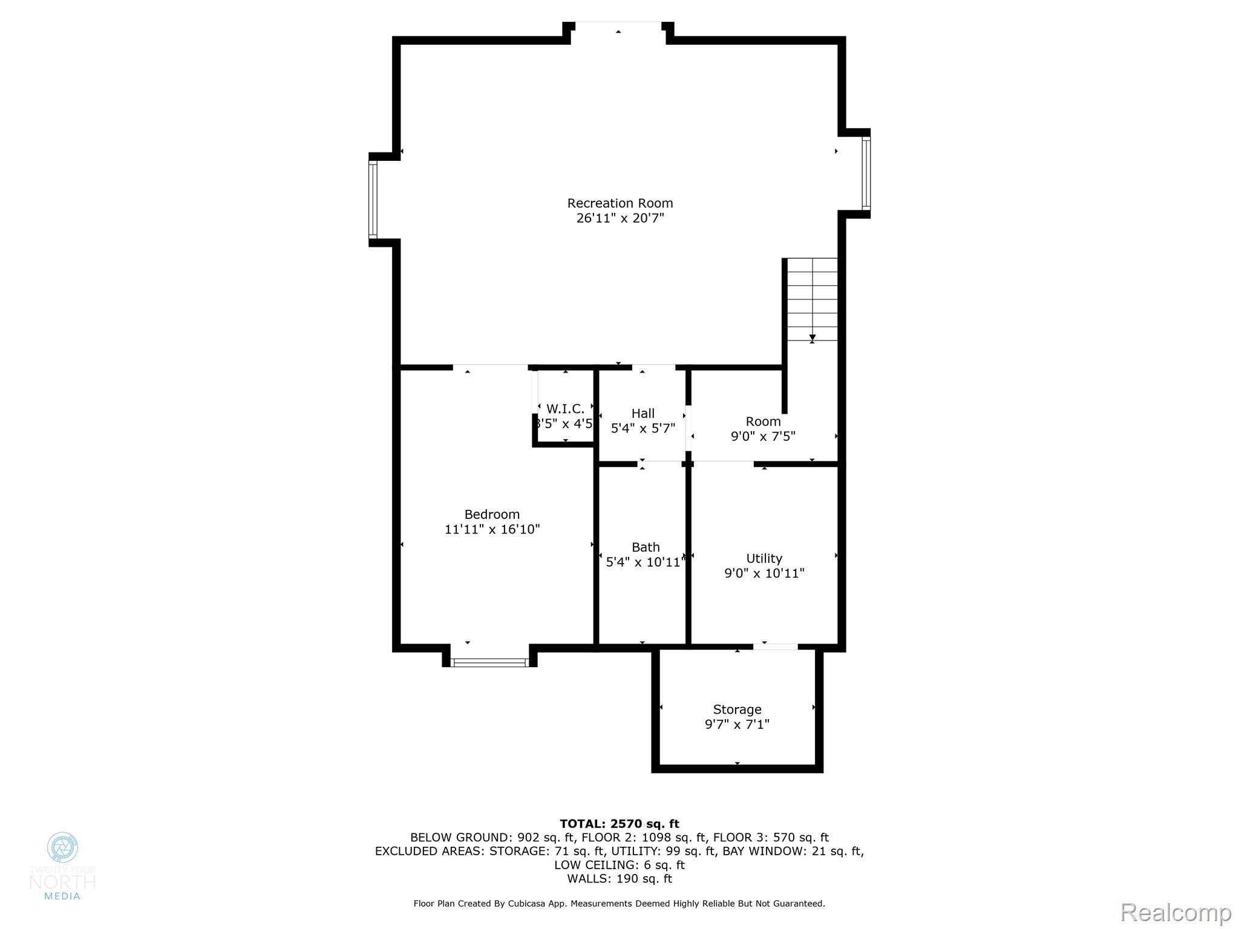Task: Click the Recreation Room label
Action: (619, 203)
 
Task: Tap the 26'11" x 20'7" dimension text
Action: (619, 218)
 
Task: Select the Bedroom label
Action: (492, 515)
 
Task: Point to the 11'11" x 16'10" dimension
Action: (492, 530)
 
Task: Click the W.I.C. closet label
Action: (565, 409)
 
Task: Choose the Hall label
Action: (642, 414)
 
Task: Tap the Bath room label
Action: (645, 547)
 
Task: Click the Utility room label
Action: (763, 559)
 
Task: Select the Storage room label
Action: (736, 709)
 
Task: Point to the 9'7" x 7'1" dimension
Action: (736, 725)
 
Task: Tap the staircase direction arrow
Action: (812, 337)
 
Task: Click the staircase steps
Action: (812, 296)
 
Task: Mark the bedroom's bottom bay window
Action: (490, 662)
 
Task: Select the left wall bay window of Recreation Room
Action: (373, 200)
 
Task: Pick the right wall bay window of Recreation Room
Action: (866, 173)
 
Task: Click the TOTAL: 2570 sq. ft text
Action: (619, 824)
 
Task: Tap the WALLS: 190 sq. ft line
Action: (619, 879)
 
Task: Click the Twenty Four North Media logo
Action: (62, 865)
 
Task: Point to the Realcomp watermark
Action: (1175, 913)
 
